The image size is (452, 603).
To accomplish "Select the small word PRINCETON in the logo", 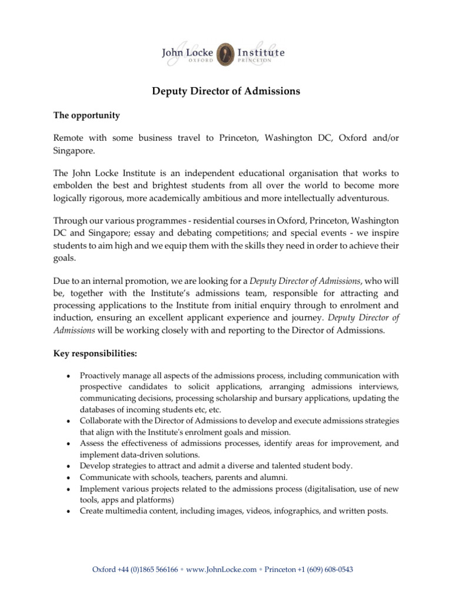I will tap(260, 60).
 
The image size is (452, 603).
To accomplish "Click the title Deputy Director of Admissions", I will tap(225, 91).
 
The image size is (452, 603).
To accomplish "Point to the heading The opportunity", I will tap(87, 115).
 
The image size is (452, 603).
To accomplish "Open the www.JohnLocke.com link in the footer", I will tap(222, 569).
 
